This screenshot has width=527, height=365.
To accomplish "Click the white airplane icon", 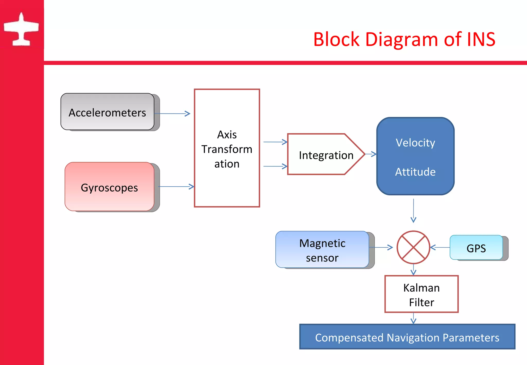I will coord(21,30).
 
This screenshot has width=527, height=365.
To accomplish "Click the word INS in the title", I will coord(481,39).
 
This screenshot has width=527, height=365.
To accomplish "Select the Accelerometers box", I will coord(107,112).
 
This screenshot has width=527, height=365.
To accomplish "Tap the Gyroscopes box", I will coord(109,187).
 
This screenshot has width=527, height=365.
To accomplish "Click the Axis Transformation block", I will coord(227,148).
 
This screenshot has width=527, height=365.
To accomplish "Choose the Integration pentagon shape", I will coord(326,155).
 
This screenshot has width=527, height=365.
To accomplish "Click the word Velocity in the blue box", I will coord(415,143).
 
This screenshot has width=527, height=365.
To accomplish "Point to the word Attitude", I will coord(415,172).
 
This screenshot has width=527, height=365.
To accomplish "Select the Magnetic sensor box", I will coord(322,250).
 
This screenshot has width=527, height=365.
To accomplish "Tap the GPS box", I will coord(476,248).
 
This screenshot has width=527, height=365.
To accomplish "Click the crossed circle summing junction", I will coord(413,247).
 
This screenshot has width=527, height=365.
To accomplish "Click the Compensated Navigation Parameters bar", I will coord(407,337).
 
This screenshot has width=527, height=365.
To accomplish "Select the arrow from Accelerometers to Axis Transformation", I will coord(172,114).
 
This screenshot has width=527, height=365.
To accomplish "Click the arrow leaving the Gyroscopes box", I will coord(176,187).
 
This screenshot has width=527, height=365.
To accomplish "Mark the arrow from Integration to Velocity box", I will coord(371,154).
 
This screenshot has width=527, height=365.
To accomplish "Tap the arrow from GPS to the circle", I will coord(440,247).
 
